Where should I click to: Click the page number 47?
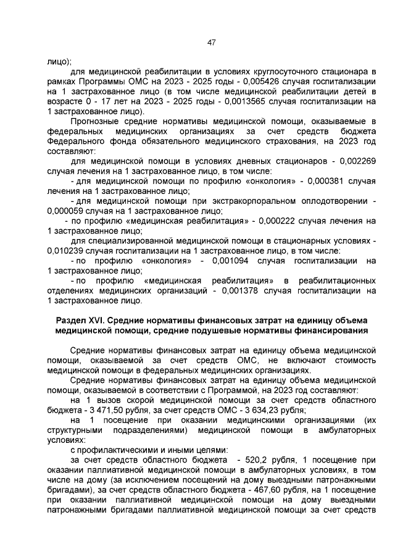[x=210, y=42]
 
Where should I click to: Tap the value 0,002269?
[x=354, y=161]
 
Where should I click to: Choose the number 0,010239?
[x=64, y=250]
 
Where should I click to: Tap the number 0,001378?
[x=246, y=290]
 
